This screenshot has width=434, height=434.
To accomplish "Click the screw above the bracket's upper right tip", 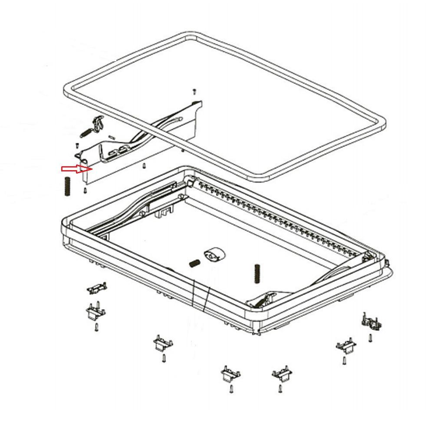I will point(194,91).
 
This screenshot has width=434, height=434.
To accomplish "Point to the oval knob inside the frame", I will point(213,255).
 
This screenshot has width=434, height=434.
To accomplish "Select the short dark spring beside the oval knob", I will point(194,263).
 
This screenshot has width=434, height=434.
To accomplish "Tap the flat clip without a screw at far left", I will point(97,287).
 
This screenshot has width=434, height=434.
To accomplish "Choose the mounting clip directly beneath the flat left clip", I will point(94,312).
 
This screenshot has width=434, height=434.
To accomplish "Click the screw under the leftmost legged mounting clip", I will point(96,328).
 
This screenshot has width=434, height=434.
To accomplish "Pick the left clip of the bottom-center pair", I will point(230,374).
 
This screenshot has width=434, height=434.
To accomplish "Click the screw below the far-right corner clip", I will point(370,338).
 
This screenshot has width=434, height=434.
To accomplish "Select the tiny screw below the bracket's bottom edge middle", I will point(144,165).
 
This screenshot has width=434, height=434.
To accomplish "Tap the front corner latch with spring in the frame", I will point(263,299).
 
